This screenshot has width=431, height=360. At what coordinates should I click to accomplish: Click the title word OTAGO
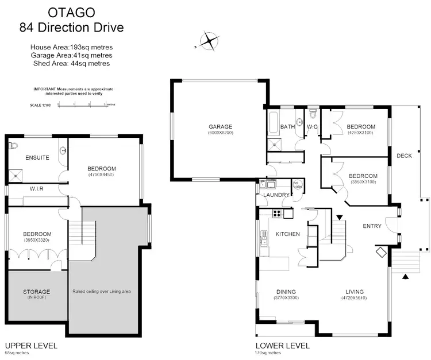coord(71,11)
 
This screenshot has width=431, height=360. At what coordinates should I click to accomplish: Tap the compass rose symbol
coord(210,41)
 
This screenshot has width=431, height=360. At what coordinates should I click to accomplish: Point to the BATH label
coord(287,127)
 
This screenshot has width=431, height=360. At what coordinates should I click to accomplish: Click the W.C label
coord(313,127)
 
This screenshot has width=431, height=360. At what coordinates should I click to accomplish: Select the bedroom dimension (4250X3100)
coord(360,133)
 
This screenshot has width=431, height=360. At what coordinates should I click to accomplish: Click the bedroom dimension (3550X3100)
coord(363,182)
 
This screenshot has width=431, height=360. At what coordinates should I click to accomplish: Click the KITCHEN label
coord(288,234)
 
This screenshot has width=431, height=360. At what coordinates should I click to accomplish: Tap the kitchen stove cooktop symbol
coord(276,214)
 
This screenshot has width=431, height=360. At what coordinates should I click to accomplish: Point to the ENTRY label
coord(372,226)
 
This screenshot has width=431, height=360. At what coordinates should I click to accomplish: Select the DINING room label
coord(286,291)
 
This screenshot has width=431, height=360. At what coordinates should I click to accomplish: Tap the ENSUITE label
coord(37,157)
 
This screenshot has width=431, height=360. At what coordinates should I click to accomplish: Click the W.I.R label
coord(37,188)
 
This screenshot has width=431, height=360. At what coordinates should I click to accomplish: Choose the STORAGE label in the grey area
coord(36,292)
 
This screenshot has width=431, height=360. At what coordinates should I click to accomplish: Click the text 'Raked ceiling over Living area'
coord(102,292)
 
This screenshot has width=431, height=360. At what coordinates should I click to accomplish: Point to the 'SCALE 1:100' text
coord(41,105)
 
